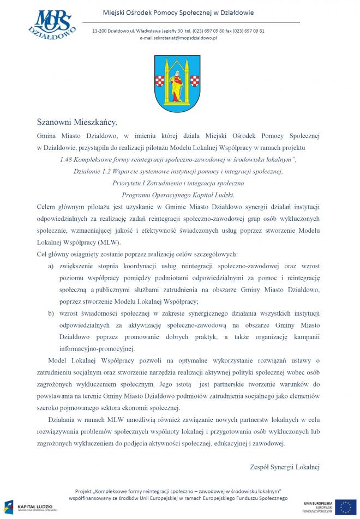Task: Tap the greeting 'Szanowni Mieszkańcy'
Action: pos(77,120)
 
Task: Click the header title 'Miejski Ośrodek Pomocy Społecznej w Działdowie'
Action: pos(178,12)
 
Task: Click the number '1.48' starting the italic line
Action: pos(68,159)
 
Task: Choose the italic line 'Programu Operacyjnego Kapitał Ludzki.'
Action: pos(178,195)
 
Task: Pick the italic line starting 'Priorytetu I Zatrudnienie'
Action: pos(178,183)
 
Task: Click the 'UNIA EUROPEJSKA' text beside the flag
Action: pos(319,502)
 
